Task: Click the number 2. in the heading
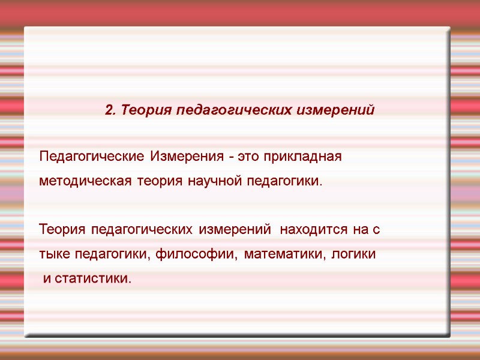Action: pyautogui.click(x=110, y=110)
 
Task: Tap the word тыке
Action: pyautogui.click(x=55, y=254)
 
